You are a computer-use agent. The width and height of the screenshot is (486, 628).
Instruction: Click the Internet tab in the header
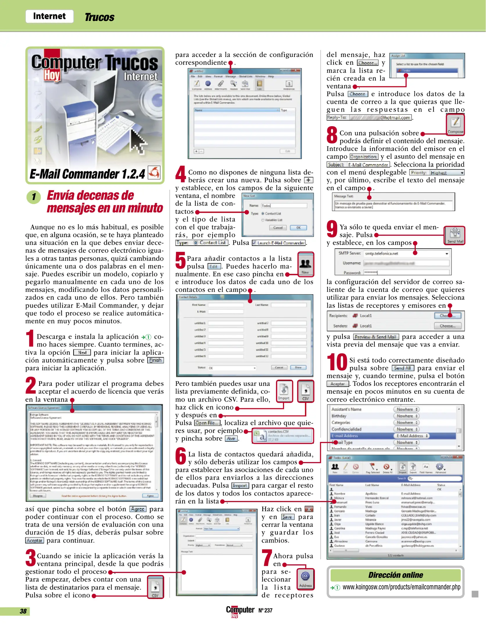tap(49, 16)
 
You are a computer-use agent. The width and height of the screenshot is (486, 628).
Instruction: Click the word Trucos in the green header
tap(99, 17)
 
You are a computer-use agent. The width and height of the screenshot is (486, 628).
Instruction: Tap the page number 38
tap(23, 611)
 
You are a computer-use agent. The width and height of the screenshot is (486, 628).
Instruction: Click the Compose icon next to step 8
tap(455, 124)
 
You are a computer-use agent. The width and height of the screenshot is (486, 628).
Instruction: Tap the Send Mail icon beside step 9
tap(455, 235)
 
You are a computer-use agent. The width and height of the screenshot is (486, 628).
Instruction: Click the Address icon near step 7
tap(305, 579)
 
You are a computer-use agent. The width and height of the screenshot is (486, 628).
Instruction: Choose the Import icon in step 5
tap(284, 391)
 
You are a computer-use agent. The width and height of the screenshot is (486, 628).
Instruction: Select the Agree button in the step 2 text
tap(137, 509)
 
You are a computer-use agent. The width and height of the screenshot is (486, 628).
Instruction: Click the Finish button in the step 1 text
tap(155, 360)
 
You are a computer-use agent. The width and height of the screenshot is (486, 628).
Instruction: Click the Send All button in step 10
tap(403, 368)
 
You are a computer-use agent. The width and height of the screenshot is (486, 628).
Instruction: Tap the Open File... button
tap(207, 423)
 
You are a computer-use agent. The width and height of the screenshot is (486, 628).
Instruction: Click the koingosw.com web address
tap(401, 587)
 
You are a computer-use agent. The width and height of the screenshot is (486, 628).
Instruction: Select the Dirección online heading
tap(395, 575)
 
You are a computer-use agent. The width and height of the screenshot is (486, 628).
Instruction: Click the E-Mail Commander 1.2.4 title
tap(87, 174)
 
